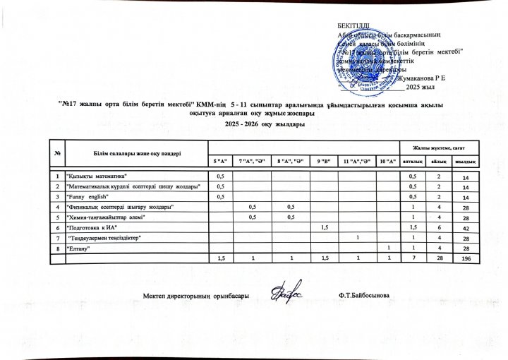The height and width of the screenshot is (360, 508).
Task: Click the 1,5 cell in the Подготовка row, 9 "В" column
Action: coord(325,227)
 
